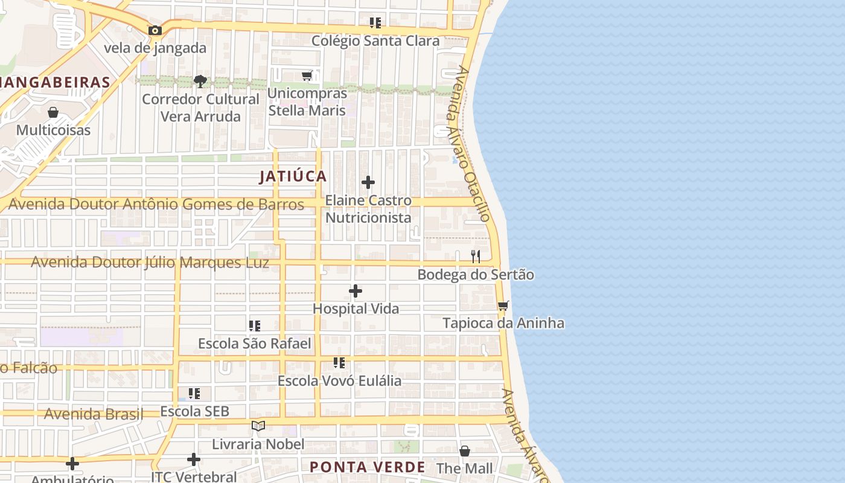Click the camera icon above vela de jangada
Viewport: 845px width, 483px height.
pos(155,30)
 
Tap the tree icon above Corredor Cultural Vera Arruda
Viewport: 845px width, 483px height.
pos(200,81)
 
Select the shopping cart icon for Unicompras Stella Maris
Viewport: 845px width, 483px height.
pos(307,76)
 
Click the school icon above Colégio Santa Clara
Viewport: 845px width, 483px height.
pos(375,23)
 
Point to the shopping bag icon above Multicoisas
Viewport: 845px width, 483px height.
pos(53,112)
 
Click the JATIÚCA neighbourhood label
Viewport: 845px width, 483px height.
pos(293,176)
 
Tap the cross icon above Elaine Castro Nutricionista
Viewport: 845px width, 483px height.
pos(368,182)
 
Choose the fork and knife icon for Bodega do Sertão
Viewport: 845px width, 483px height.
pos(476,257)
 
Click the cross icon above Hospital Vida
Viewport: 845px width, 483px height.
pos(356,292)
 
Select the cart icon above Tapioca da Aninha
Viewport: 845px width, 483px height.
pos(503,305)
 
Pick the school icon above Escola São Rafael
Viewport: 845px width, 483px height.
pos(255,326)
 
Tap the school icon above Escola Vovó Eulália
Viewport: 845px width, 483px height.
pos(339,363)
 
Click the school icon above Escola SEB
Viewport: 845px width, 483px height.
pos(194,394)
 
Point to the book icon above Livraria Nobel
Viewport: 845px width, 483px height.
pos(258,426)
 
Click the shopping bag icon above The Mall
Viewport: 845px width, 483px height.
pos(465,451)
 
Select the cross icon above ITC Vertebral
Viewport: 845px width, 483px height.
pos(194,459)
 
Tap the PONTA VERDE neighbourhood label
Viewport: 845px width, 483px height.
pos(368,467)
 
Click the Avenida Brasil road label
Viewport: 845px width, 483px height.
pos(94,414)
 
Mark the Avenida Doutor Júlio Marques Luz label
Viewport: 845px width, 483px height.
pos(150,263)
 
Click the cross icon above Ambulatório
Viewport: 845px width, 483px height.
pos(72,464)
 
